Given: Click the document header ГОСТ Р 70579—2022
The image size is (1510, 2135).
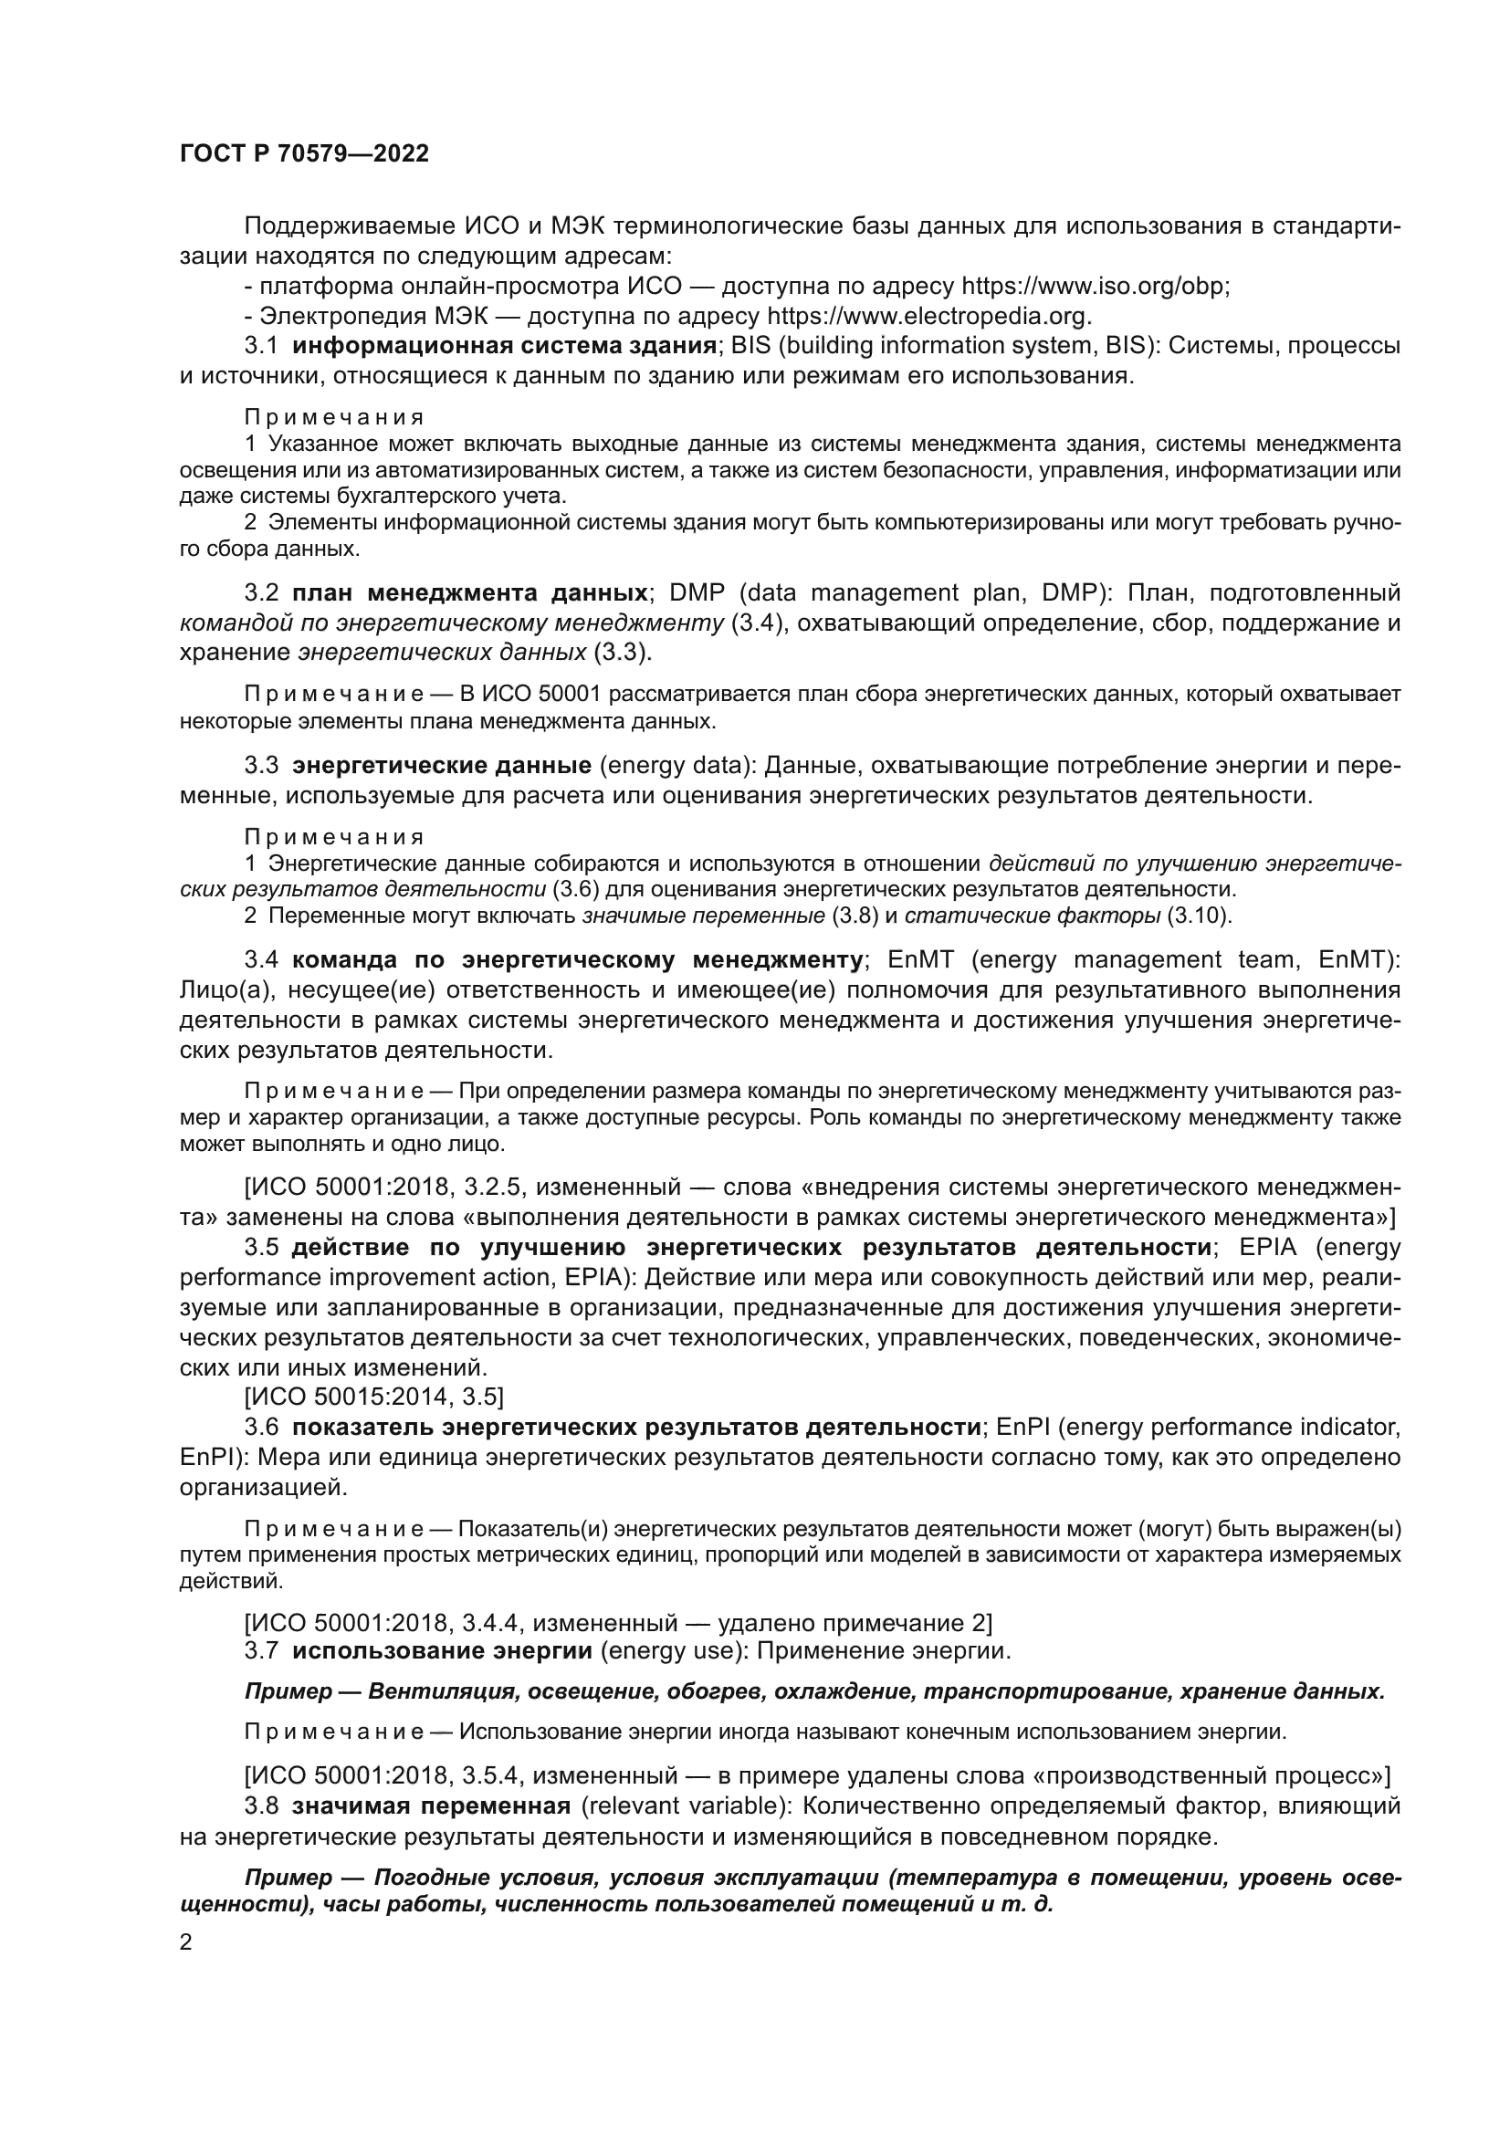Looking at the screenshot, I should pyautogui.click(x=304, y=154).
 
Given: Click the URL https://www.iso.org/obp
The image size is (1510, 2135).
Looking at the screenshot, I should pyautogui.click(x=1094, y=286).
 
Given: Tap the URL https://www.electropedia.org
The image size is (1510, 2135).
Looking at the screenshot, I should pyautogui.click(x=928, y=315).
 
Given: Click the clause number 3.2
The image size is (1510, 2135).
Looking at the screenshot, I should pyautogui.click(x=260, y=592).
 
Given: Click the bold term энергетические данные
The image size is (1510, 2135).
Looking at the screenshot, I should pyautogui.click(x=442, y=765).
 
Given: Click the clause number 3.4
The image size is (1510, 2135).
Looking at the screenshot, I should pyautogui.click(x=260, y=958).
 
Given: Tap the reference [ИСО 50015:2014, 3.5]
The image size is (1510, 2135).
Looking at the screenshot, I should pyautogui.click(x=373, y=1396).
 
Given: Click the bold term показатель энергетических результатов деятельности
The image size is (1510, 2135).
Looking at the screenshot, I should pyautogui.click(x=637, y=1427).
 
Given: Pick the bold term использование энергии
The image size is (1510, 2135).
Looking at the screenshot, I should pyautogui.click(x=442, y=1650).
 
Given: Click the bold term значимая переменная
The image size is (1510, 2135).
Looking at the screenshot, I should pyautogui.click(x=431, y=1805).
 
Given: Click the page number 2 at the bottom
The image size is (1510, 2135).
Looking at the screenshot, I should pyautogui.click(x=186, y=1941).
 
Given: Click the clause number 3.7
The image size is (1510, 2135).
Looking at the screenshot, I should pyautogui.click(x=260, y=1650).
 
